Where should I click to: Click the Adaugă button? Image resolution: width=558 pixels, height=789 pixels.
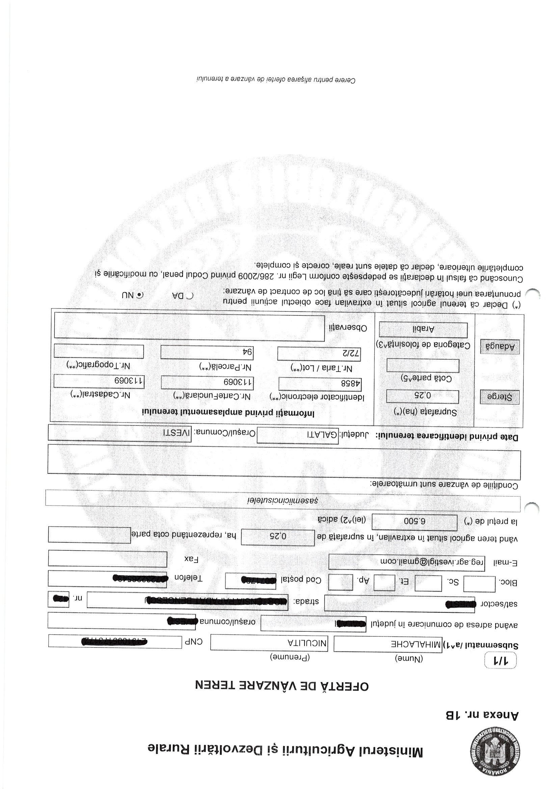coord(500,347)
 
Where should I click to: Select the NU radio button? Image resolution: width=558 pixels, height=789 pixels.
coord(140,295)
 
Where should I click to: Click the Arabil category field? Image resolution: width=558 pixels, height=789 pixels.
coord(423,330)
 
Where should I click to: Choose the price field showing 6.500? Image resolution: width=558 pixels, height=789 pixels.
coord(414,522)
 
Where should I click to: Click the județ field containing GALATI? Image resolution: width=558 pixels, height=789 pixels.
coord(297,435)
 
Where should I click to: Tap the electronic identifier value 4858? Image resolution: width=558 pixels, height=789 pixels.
coord(320,384)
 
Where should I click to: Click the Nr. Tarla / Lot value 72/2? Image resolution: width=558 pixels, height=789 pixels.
coord(319,353)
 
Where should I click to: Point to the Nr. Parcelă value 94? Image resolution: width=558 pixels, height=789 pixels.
coord(207,352)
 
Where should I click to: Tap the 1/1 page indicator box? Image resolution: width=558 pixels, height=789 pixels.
coord(500,670)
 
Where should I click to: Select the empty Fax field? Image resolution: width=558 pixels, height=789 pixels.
coord(107,559)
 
